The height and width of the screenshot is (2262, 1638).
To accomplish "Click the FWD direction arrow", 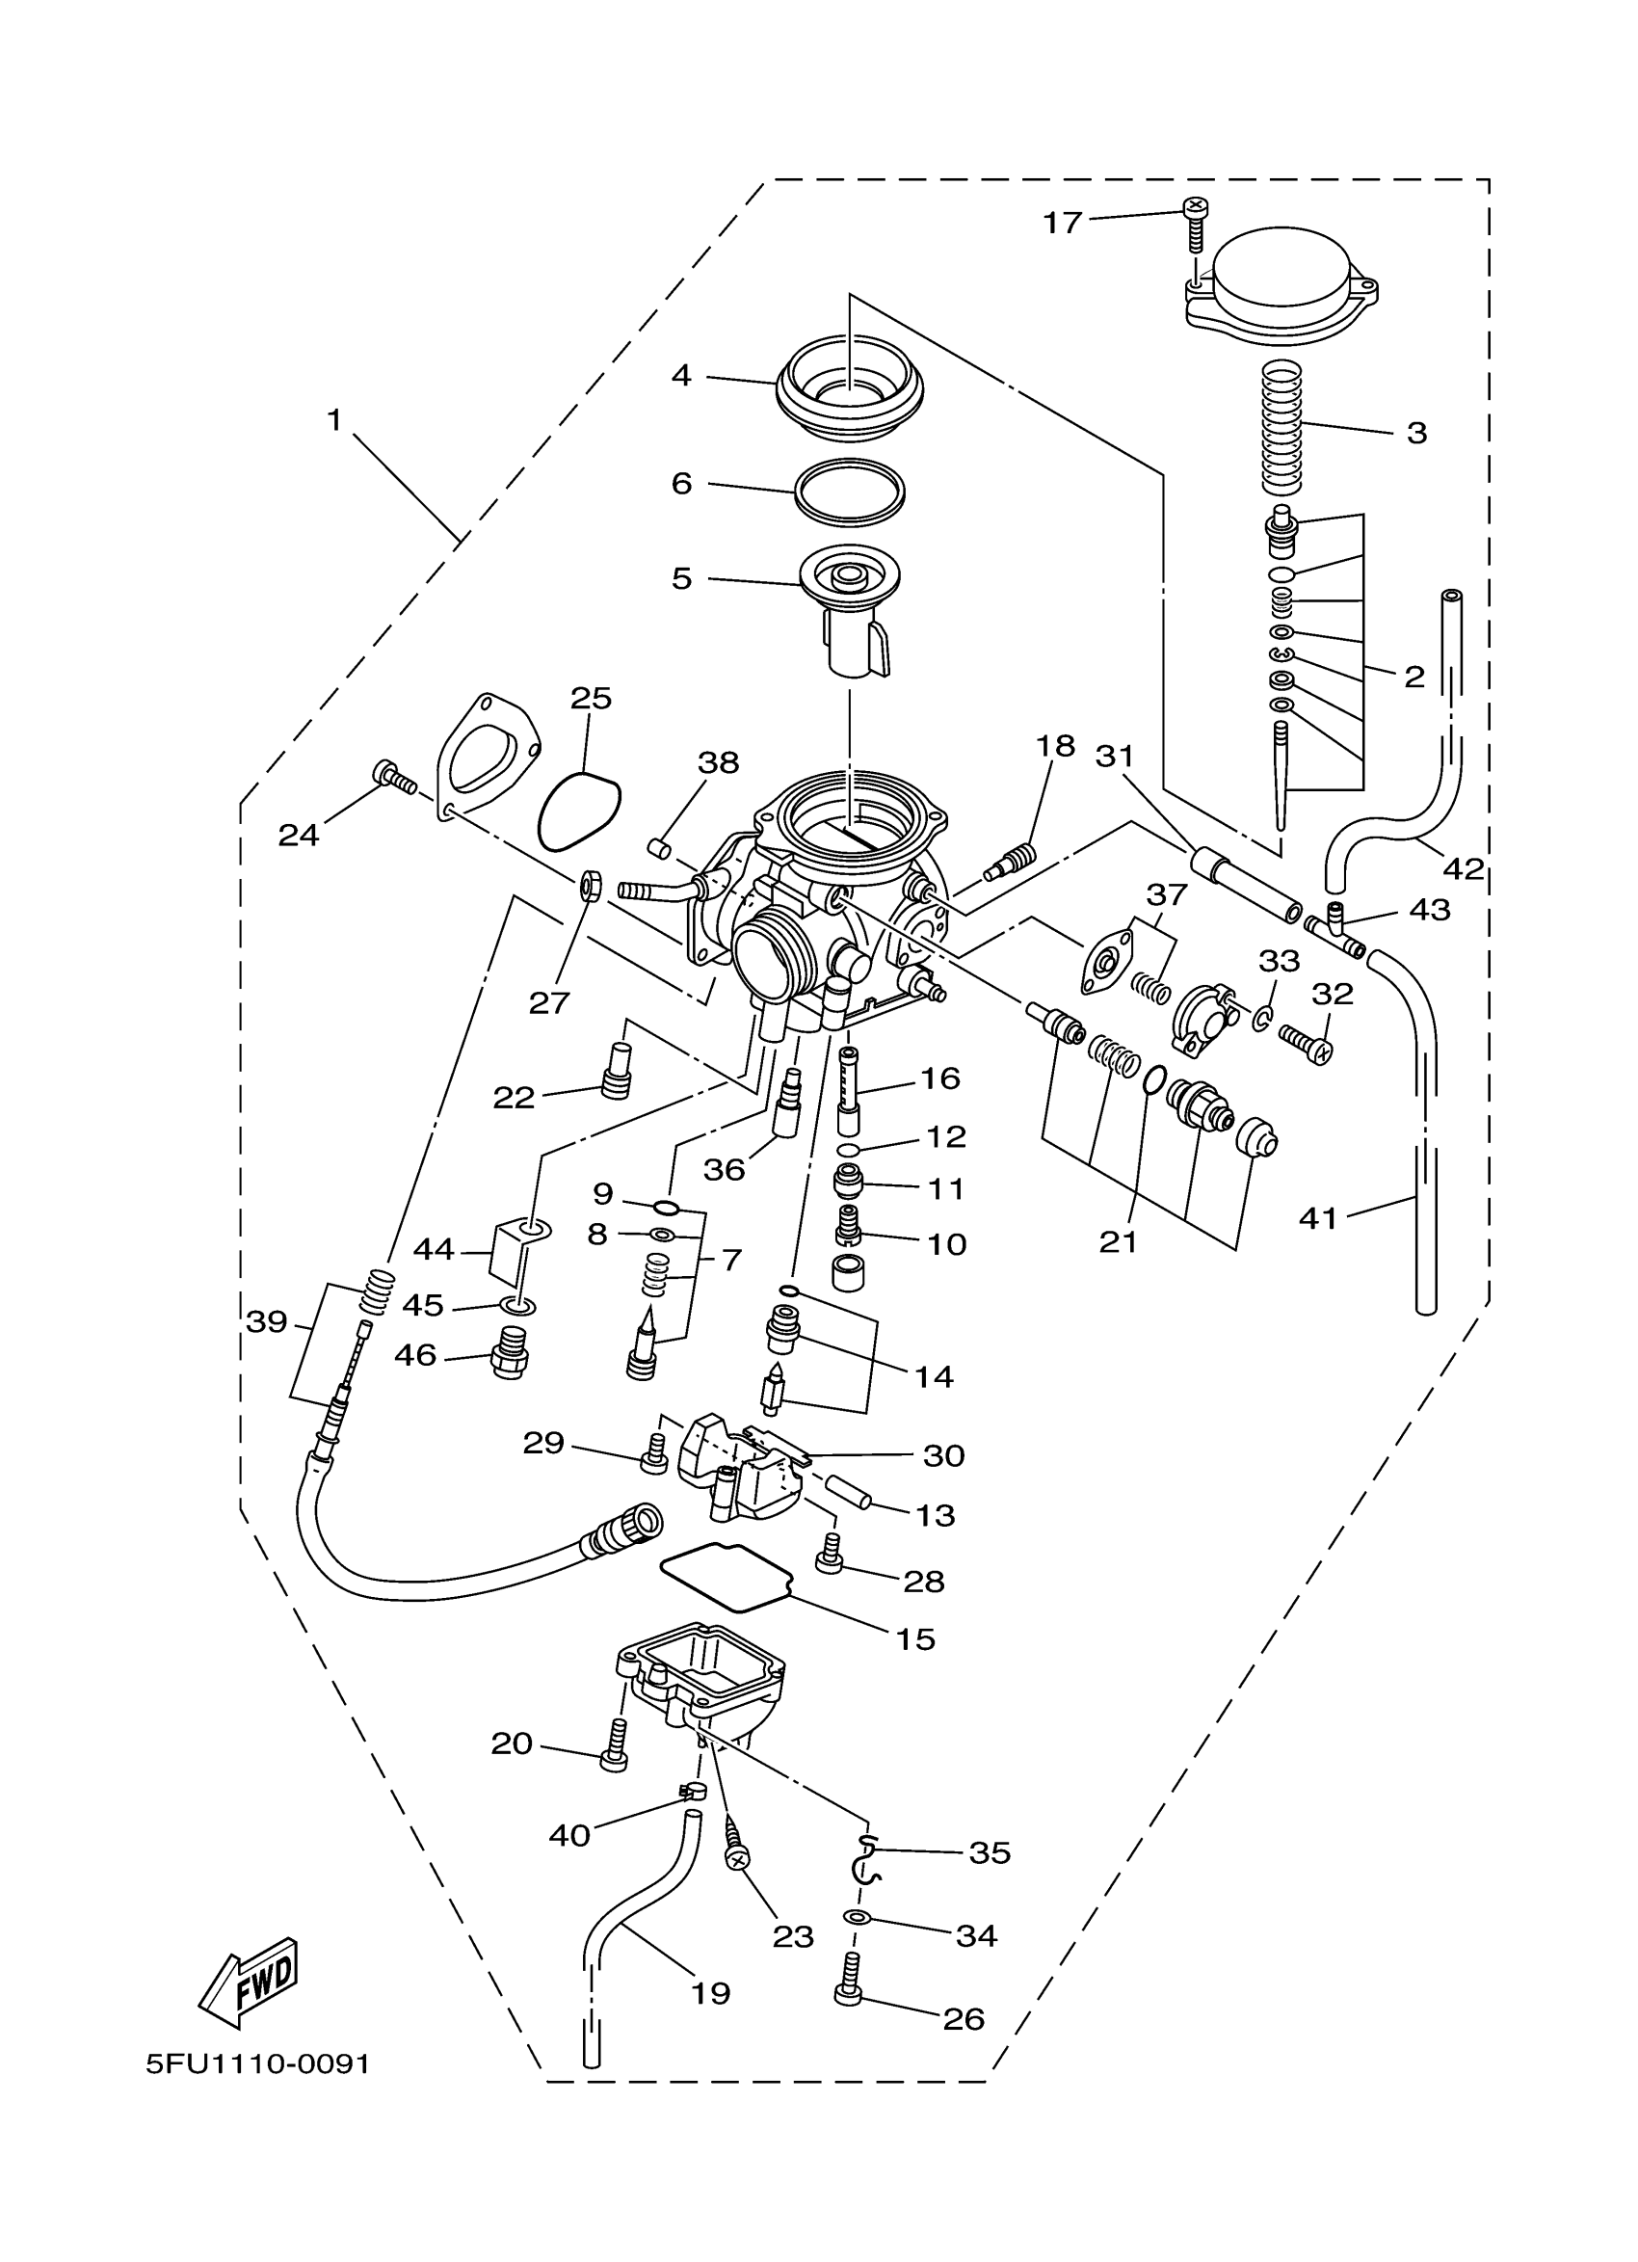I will (x=251, y=1981).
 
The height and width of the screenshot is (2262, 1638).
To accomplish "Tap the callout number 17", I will (x=1062, y=223).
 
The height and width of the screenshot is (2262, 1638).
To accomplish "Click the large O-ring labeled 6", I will (x=850, y=491).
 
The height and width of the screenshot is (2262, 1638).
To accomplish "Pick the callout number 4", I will (x=682, y=376).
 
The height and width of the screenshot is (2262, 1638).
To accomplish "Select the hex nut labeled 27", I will (x=588, y=884).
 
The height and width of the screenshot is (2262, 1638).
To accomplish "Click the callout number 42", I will (x=1464, y=868).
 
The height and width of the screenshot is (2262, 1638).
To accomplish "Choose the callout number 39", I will (x=266, y=1322).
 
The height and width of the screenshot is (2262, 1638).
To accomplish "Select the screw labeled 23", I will (x=736, y=1842).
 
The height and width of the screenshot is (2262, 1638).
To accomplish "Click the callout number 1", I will (x=335, y=421).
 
